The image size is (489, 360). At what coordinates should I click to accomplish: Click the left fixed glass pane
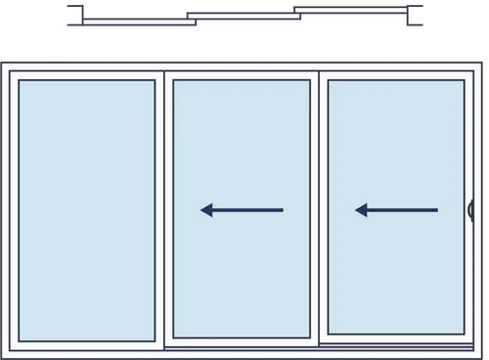pos(86,209)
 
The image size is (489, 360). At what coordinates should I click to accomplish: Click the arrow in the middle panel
pos(242,209)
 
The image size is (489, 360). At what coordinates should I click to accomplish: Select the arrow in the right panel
pos(396,209)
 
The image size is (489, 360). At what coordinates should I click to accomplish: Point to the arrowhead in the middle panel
pos(206,209)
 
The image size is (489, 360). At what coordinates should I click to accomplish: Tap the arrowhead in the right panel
pos(361,209)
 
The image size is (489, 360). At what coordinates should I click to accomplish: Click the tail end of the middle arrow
pos(282,209)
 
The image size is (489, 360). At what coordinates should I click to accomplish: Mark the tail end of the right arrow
pos(436,209)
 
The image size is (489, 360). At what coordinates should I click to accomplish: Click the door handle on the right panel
pos(470,210)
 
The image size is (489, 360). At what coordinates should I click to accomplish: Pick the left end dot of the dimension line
pos(70,15)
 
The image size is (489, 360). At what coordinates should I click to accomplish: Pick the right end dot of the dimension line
pos(419,15)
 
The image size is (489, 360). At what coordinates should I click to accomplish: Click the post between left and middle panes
pos(163,209)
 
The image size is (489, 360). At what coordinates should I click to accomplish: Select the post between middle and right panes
pos(319,209)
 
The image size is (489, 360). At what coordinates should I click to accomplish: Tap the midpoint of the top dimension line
pos(244,15)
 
